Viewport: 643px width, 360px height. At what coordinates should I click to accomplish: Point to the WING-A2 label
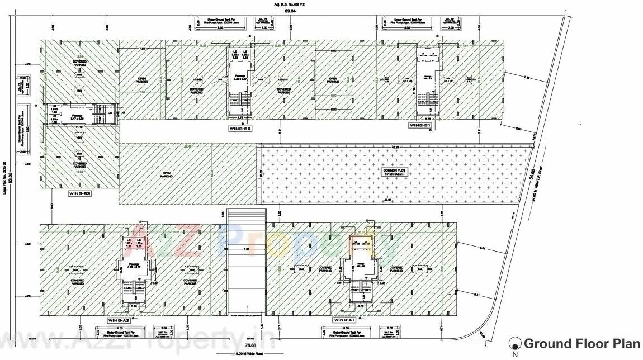[119, 320]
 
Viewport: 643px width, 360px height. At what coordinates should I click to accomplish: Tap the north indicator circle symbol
[514, 343]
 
